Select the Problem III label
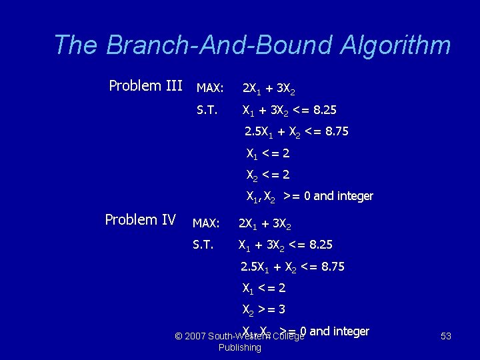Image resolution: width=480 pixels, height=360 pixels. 145,86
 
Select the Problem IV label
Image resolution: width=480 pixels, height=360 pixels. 140,220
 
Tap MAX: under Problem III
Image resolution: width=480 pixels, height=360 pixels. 209,88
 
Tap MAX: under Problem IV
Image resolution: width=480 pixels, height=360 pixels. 206,222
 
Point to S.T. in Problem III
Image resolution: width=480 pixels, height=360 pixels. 207,110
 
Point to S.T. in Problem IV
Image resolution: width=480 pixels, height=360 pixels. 203,245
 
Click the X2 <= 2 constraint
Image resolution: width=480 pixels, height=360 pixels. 267,175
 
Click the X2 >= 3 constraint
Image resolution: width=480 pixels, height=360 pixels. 263,310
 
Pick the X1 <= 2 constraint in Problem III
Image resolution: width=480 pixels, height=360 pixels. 267,154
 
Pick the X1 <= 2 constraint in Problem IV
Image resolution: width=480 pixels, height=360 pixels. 263,289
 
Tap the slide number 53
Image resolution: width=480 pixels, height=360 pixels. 446,336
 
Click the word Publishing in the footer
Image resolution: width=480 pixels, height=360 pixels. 240,347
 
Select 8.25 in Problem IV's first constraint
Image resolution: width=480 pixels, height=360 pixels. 318,245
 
